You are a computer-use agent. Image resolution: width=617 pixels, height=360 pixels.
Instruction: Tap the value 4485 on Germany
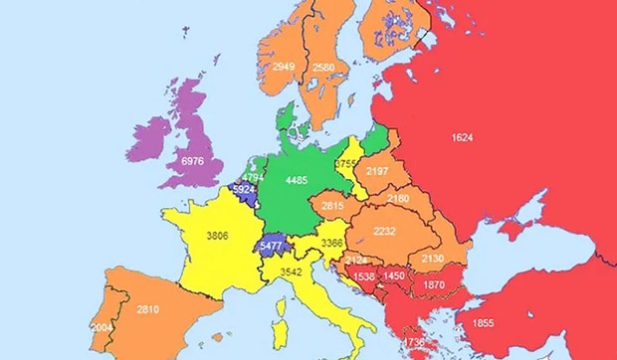(297, 180)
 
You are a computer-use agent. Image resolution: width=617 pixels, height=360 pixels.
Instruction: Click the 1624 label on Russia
(462, 136)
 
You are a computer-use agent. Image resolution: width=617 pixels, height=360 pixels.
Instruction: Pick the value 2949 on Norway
(285, 67)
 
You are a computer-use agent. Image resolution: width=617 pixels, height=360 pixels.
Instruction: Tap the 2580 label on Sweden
(324, 68)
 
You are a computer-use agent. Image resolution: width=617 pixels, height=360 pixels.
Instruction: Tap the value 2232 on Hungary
(384, 230)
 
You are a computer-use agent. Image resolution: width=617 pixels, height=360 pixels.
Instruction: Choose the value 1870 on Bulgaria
(434, 284)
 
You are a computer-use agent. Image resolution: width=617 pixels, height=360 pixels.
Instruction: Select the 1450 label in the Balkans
(393, 275)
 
